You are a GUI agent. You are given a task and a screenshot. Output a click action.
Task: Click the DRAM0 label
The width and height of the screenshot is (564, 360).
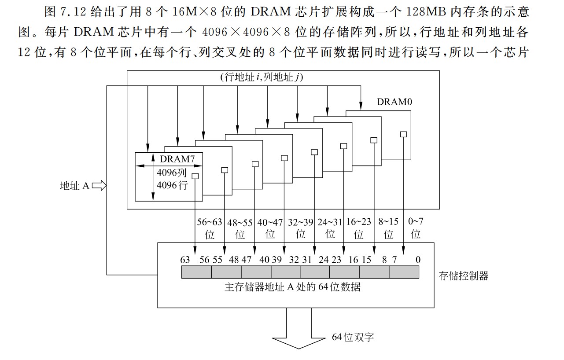click(x=394, y=102)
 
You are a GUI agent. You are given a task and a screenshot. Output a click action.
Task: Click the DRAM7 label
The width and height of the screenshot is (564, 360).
click(x=177, y=158)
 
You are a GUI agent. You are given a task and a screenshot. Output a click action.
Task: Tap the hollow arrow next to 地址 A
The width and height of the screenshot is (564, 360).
click(x=99, y=186)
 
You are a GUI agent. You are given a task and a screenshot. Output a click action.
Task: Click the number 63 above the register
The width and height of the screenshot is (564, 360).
click(x=185, y=260)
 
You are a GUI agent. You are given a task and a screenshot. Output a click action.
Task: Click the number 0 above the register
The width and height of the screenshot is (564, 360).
click(x=417, y=260)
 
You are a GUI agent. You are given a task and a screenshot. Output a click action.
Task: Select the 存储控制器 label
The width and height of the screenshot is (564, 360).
click(x=464, y=276)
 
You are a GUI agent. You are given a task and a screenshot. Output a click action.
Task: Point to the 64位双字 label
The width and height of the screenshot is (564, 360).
click(x=353, y=338)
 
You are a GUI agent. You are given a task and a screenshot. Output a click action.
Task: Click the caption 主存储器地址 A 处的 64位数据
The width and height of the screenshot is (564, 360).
click(x=292, y=287)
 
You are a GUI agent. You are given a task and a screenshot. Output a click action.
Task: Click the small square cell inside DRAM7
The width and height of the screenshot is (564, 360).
click(x=195, y=176)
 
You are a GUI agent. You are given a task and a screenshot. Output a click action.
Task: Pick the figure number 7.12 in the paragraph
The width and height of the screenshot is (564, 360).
click(x=73, y=12)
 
